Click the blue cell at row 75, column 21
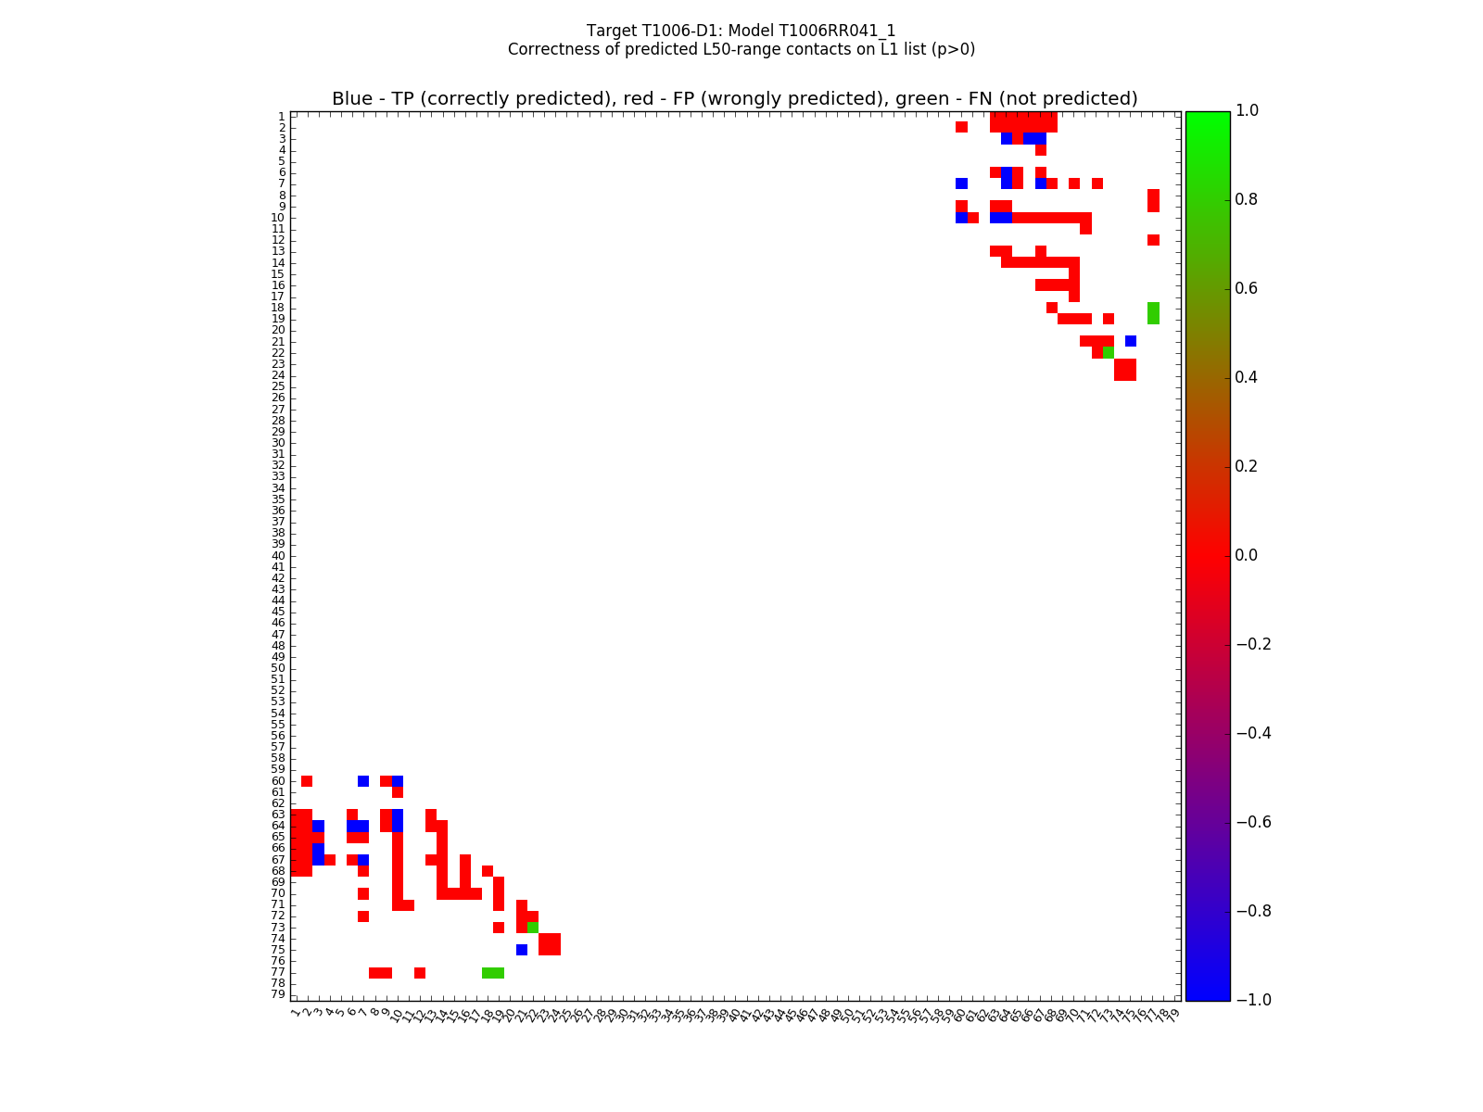tap(521, 950)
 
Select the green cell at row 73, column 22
tap(533, 928)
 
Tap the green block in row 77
tap(493, 972)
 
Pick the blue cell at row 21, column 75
tap(1131, 341)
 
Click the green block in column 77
tap(1153, 313)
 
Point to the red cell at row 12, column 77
tap(1153, 240)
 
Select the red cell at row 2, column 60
tap(961, 127)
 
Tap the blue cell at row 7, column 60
tap(961, 183)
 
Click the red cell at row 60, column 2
tap(307, 781)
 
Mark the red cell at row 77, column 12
tap(420, 972)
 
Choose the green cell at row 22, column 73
tap(1108, 352)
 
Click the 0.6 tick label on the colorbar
tap(1253, 288)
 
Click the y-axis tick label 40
tap(278, 556)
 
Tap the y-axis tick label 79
tap(278, 994)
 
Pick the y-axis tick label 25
tap(278, 386)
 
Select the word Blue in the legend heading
tap(351, 99)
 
